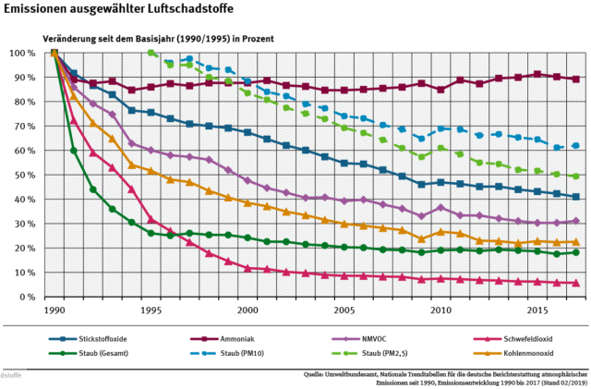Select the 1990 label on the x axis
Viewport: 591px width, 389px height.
54,312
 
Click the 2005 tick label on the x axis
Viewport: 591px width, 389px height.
344,312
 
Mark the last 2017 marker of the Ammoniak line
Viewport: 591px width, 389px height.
576,79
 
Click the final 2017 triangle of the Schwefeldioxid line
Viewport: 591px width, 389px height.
576,284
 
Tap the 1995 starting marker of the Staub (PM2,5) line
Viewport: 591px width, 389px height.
151,53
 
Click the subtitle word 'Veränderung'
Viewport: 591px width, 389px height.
70,39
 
